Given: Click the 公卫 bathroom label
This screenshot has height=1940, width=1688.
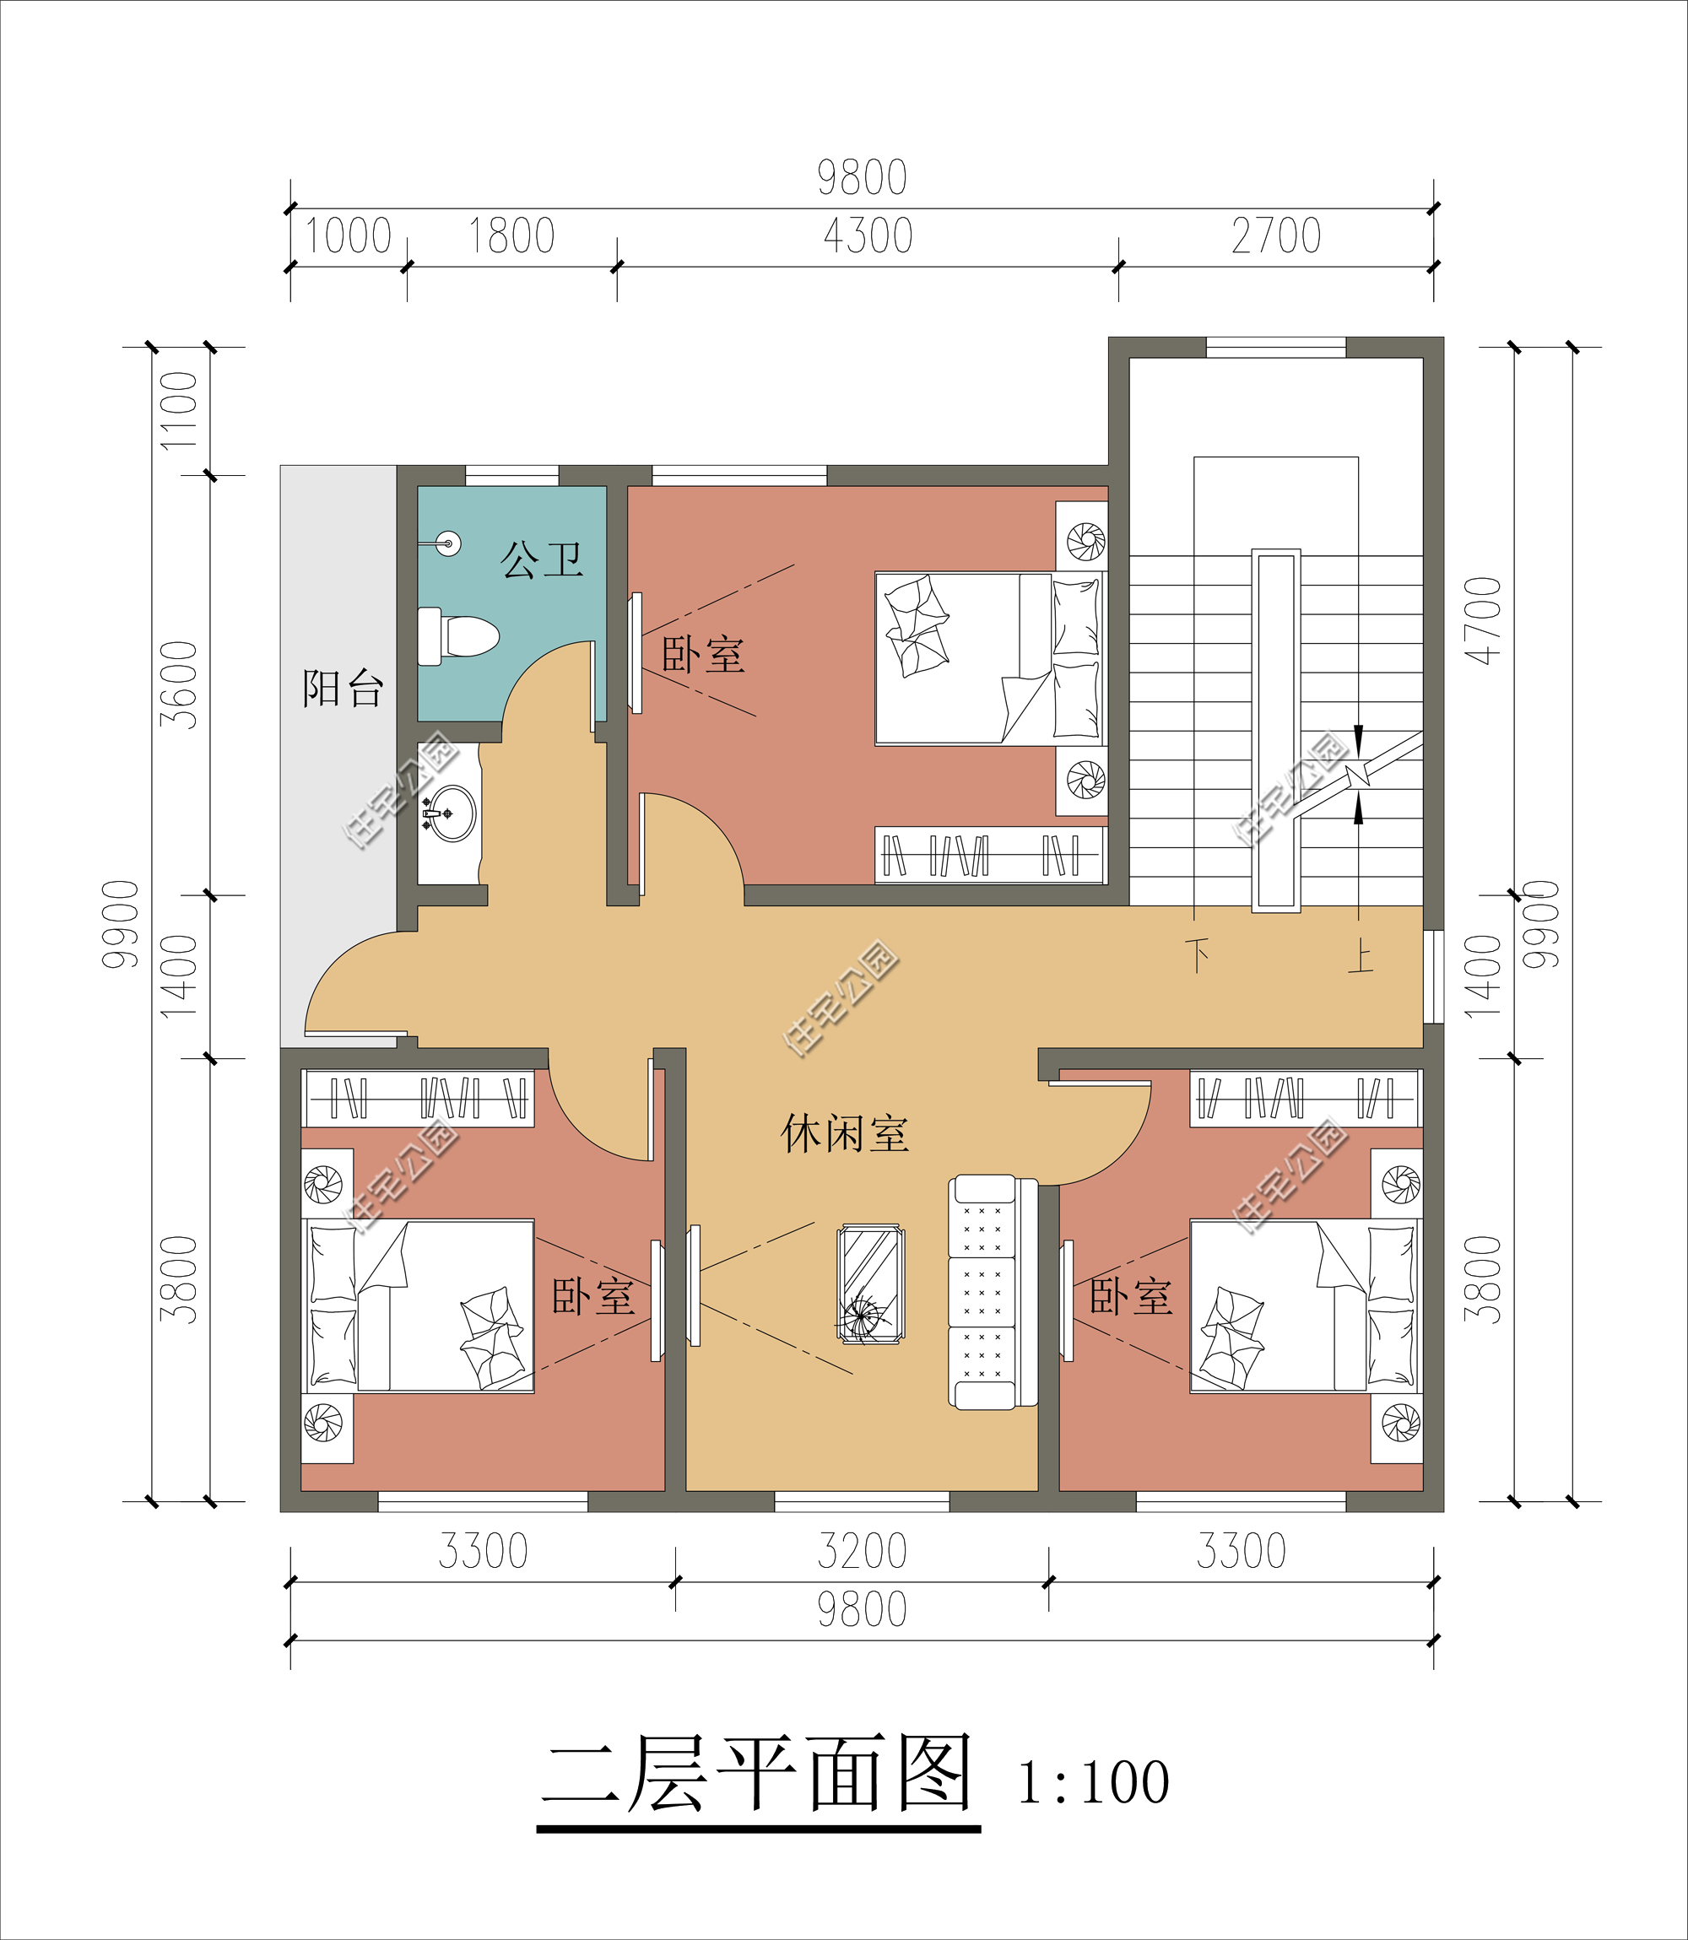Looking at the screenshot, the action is coord(542,560).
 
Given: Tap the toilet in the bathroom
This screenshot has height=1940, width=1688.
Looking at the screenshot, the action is coord(457,636).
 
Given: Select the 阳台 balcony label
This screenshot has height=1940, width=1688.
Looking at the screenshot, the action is coord(343,689).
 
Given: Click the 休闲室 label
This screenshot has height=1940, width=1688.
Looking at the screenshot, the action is coord(845,1134).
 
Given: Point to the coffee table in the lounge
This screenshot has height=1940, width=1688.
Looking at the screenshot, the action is coord(870,1283).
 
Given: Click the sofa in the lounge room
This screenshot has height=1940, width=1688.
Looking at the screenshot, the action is coord(993,1291).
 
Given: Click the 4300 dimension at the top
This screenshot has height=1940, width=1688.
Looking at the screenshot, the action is coord(868,235).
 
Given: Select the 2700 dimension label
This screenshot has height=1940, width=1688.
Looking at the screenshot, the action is coord(1276,235).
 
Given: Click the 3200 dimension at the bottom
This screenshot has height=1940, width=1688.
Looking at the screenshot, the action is coord(862,1551).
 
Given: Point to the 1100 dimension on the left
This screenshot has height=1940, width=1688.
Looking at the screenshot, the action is coord(179,411).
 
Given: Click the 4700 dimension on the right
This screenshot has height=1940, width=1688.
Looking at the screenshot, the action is coord(1483,620).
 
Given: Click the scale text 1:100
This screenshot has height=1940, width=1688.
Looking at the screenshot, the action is coord(1094,1782).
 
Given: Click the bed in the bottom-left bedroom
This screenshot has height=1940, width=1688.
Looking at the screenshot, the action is coord(419,1306).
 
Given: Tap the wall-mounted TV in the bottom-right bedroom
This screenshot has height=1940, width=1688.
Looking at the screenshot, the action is coord(1068,1300).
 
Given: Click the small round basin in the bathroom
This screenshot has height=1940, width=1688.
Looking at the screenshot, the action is coord(449,543).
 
